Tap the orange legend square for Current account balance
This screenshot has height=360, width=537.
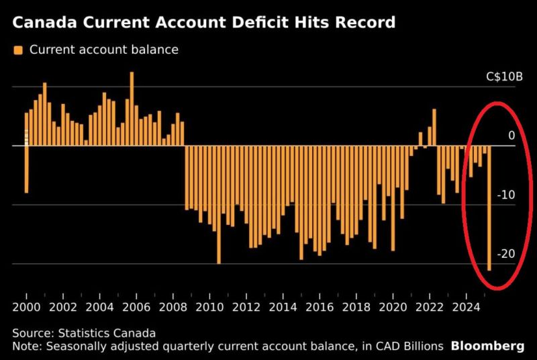tap(17, 50)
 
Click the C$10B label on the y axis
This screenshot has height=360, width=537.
tap(504, 77)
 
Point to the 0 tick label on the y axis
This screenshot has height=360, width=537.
tap(511, 136)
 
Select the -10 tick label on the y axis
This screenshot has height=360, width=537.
tap(506, 195)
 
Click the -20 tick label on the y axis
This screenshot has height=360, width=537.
tap(506, 254)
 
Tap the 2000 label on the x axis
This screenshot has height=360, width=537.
tap(26, 308)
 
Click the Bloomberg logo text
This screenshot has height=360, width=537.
tap(487, 346)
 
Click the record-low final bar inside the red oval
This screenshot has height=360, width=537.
tap(489, 208)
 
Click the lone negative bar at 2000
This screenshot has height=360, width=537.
tap(26, 169)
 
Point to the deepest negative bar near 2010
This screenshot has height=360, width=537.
tap(219, 204)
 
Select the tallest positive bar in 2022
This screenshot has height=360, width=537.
tap(434, 127)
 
